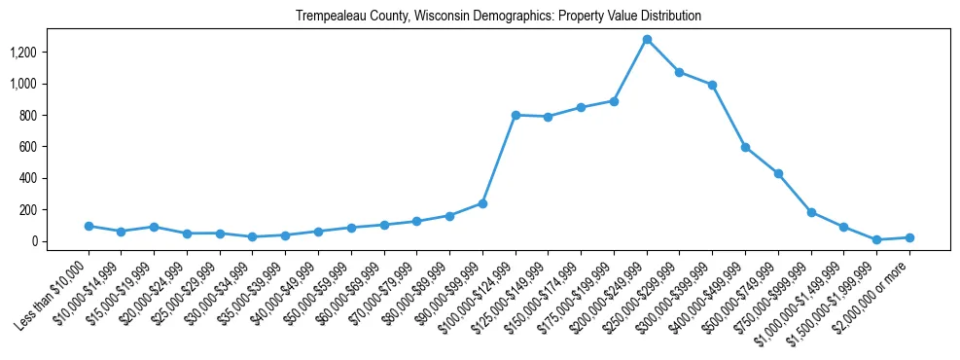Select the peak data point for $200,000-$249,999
(x=647, y=40)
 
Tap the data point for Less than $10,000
(x=89, y=226)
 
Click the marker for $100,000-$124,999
(x=516, y=115)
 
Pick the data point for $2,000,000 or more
(x=909, y=237)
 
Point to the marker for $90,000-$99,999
(x=482, y=203)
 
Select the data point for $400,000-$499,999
(x=745, y=147)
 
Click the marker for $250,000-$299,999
(x=680, y=72)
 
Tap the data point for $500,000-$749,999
(x=778, y=173)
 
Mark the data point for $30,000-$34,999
(x=252, y=236)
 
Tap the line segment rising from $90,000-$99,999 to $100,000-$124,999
(x=499, y=160)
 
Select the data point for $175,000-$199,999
(x=614, y=101)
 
